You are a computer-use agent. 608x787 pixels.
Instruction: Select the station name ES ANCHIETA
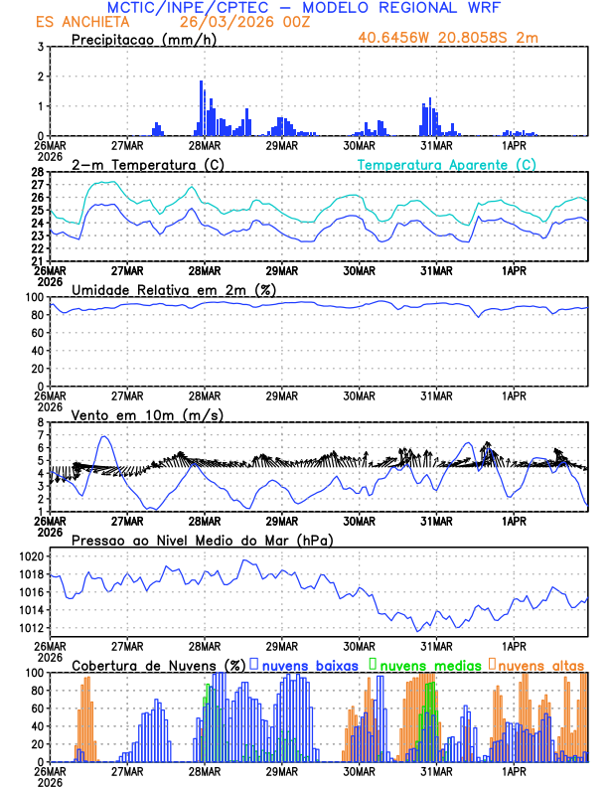[x=76, y=22]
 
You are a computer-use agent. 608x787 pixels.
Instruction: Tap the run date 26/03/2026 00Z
[x=230, y=22]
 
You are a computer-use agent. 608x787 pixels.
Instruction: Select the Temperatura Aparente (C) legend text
[x=447, y=164]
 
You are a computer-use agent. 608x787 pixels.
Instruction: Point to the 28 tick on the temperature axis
[x=38, y=172]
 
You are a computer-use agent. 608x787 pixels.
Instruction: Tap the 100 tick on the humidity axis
[x=35, y=297]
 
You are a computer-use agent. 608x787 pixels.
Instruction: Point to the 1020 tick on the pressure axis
[x=30, y=556]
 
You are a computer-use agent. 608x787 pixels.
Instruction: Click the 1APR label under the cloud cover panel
[x=515, y=770]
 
